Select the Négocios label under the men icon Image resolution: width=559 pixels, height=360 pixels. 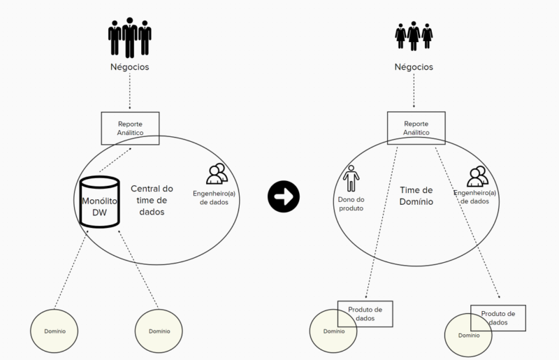click(129, 68)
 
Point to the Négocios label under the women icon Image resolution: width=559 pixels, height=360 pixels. click(414, 68)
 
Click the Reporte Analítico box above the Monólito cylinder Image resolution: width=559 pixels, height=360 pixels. click(131, 128)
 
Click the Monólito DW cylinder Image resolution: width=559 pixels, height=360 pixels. click(99, 202)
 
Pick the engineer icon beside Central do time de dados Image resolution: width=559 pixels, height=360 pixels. click(217, 173)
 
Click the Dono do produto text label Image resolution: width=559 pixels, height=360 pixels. click(351, 203)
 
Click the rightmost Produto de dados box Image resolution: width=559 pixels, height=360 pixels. click(498, 317)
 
